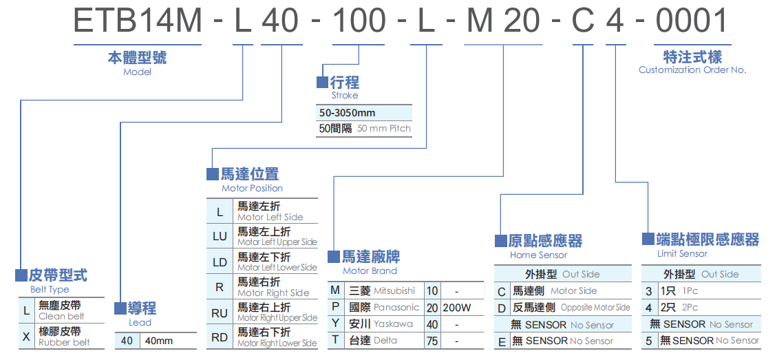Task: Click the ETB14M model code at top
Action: click(138, 21)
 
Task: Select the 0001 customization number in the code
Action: click(691, 21)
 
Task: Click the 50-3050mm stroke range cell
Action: click(347, 113)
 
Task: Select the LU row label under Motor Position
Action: click(220, 237)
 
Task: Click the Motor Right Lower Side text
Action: click(277, 343)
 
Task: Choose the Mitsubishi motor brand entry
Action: click(394, 291)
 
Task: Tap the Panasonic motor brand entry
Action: click(396, 308)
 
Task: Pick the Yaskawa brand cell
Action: click(393, 324)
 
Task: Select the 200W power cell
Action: click(457, 308)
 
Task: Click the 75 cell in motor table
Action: click(432, 340)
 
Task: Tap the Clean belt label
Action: click(61, 316)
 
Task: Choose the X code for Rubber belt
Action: click(26, 337)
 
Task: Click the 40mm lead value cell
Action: click(159, 341)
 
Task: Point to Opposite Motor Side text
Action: click(595, 308)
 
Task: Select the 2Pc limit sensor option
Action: click(690, 308)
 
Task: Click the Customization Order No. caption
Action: click(692, 70)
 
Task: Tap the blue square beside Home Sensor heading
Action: click(501, 241)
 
